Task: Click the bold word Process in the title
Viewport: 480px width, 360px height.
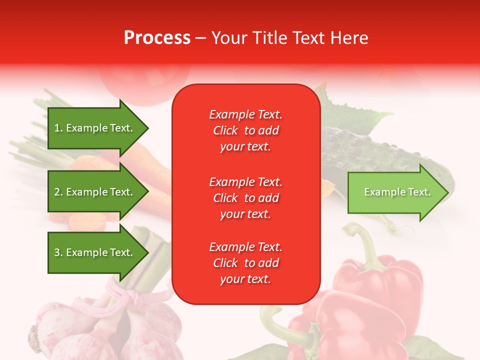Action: pos(157,38)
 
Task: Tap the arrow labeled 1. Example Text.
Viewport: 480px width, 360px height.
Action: pos(97,128)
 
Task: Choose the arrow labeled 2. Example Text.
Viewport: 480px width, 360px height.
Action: pos(97,192)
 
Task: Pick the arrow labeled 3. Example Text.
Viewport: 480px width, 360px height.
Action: pos(97,253)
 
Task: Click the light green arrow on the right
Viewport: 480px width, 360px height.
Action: pos(397,192)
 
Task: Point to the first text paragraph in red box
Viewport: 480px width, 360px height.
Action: pos(245,130)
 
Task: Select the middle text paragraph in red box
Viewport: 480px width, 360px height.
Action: pos(245,198)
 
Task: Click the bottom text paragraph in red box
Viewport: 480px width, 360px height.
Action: pos(245,263)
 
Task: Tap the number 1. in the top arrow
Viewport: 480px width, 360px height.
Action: pos(58,128)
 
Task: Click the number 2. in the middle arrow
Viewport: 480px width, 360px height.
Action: pos(58,192)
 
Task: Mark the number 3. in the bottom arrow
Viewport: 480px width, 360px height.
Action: pos(58,253)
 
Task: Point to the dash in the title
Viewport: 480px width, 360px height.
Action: pos(200,38)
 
